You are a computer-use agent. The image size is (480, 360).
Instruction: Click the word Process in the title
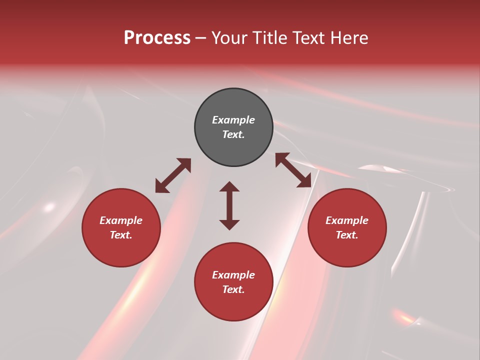[x=157, y=38]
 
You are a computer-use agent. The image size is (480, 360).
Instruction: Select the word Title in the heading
[x=270, y=38]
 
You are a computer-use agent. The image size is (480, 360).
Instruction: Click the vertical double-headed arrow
[x=229, y=205]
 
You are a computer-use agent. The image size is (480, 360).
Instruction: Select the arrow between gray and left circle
[x=173, y=175]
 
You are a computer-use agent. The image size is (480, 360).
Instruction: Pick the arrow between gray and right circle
[x=293, y=170]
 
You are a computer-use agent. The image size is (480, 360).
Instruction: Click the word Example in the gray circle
[x=233, y=120]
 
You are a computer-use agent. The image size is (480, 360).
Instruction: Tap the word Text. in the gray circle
[x=233, y=134]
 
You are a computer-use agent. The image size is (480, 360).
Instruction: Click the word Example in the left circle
[x=121, y=220]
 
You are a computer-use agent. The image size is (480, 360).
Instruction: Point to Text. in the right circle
[x=347, y=235]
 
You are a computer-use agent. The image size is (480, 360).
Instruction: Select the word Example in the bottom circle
[x=233, y=275]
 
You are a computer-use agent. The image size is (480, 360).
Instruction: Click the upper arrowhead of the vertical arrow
[x=229, y=187]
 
